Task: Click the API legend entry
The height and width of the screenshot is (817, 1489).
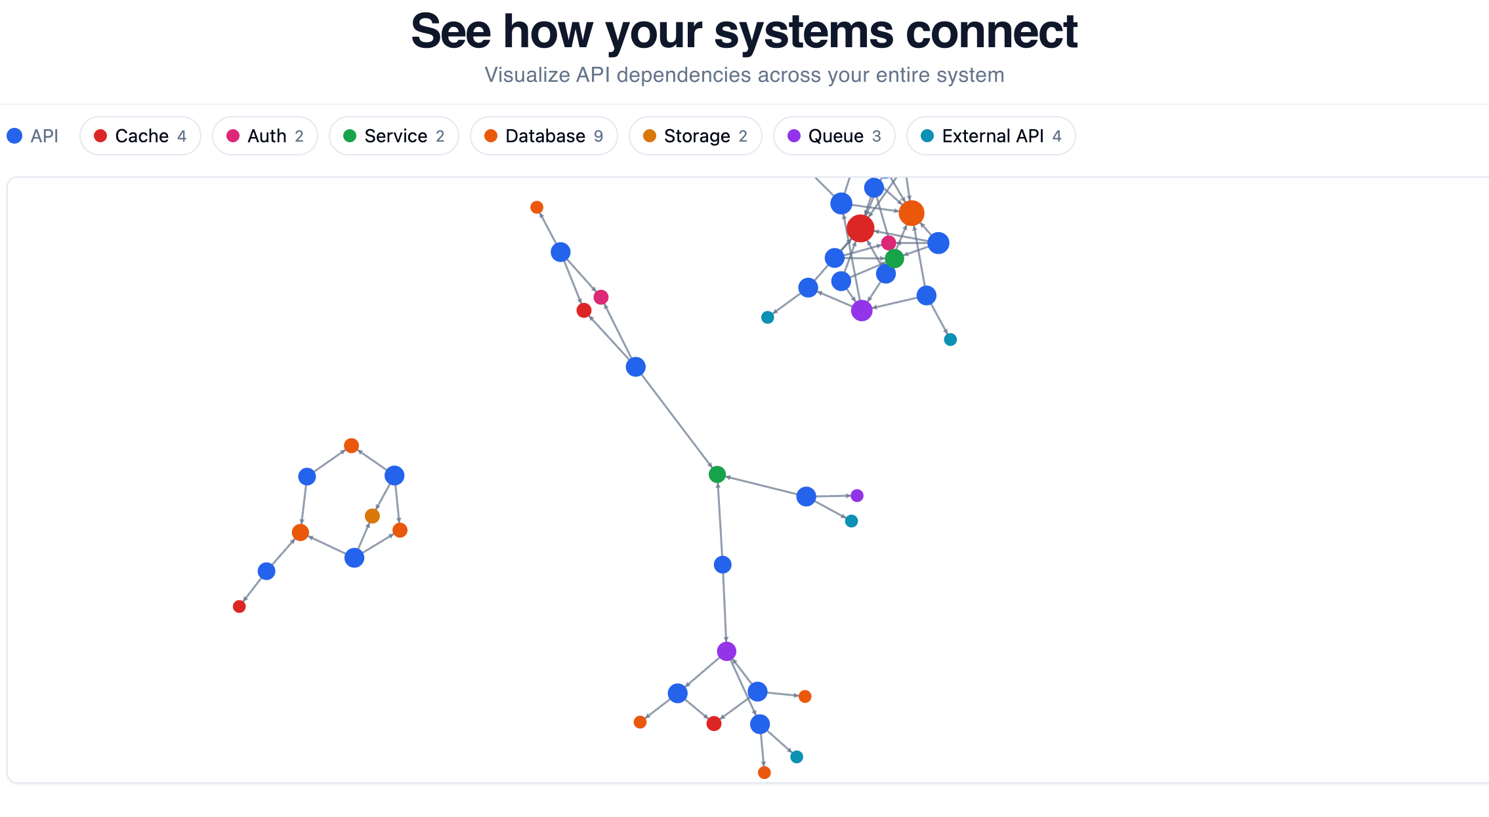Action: click(33, 136)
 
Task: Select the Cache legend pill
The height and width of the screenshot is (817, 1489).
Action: click(140, 136)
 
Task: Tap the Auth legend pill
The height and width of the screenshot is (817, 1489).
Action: click(265, 136)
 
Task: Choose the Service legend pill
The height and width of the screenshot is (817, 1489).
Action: click(394, 136)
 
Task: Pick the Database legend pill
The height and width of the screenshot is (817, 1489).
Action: click(544, 136)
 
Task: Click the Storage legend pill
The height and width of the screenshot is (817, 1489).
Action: click(696, 136)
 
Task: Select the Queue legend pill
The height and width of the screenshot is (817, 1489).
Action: click(834, 136)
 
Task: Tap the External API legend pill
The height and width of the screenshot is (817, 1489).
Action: click(991, 136)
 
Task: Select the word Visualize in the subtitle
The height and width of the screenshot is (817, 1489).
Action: click(527, 75)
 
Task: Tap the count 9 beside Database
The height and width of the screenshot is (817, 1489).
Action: click(598, 136)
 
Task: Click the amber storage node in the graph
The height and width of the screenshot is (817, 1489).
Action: click(372, 516)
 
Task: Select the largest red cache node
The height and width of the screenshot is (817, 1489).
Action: click(860, 228)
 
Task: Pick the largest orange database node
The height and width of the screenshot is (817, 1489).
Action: click(912, 213)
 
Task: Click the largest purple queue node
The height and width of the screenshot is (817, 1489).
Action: click(862, 310)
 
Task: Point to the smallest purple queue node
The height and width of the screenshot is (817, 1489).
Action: click(857, 496)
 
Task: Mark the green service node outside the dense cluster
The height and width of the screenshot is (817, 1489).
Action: click(717, 474)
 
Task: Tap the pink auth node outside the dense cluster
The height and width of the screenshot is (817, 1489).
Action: click(601, 297)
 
